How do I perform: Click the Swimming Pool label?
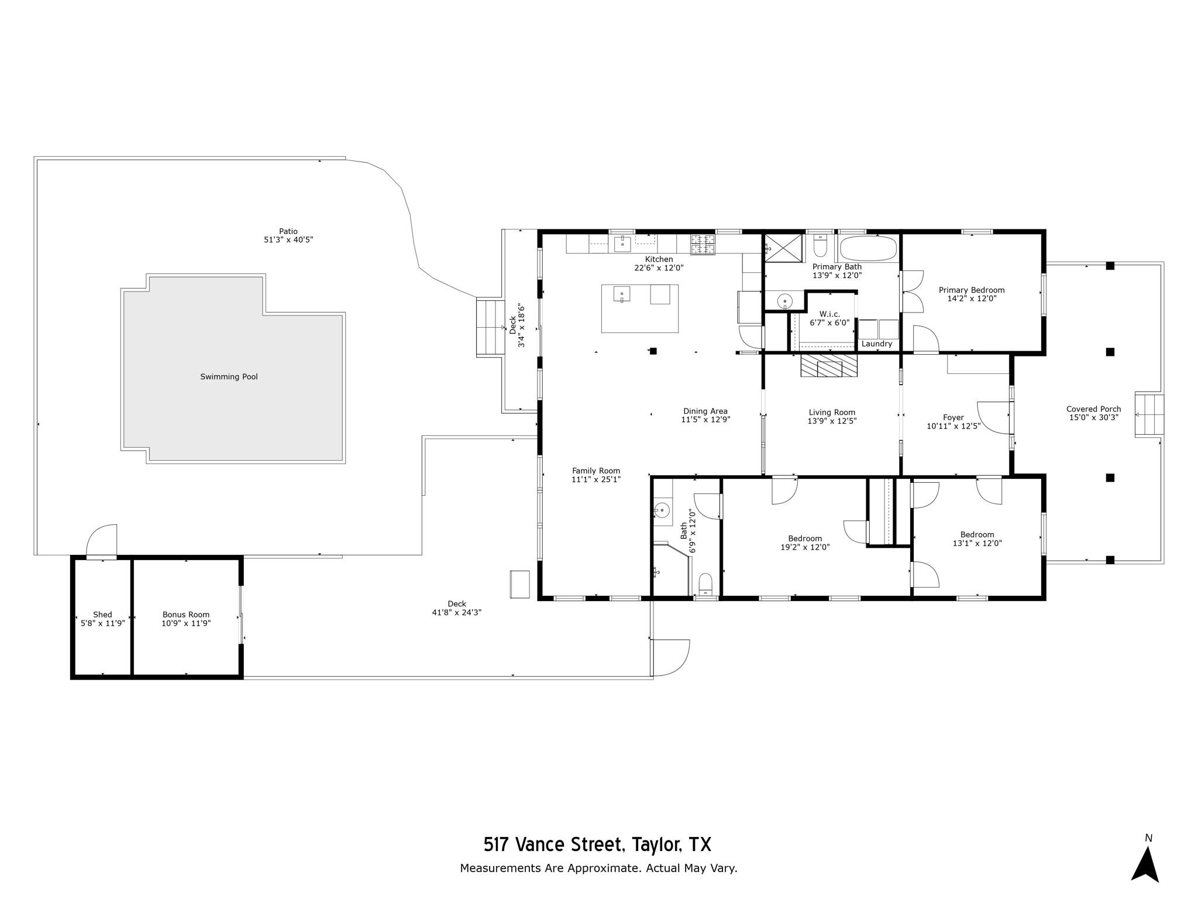(229, 377)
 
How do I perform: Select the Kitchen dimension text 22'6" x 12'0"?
(659, 268)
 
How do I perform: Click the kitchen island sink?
(621, 294)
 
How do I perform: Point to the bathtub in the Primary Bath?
(868, 248)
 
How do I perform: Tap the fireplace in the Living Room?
(829, 366)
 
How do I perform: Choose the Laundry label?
(877, 344)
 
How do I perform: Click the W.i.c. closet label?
(829, 314)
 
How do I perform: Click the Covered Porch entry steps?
(1149, 415)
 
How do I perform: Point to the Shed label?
(102, 615)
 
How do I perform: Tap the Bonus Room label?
(186, 615)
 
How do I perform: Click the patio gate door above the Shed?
(102, 541)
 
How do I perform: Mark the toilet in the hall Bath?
(706, 584)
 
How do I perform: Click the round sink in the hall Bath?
(662, 510)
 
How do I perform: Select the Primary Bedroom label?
(972, 290)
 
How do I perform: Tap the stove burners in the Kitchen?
(703, 244)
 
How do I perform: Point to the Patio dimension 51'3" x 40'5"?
(288, 239)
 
